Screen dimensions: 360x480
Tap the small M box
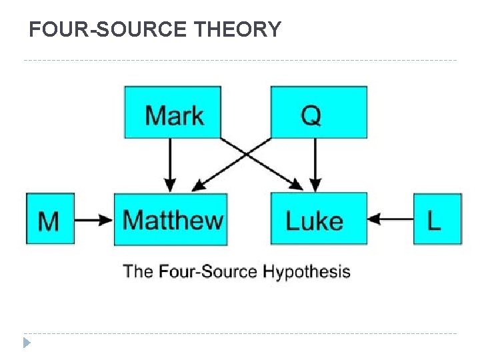coord(49,219)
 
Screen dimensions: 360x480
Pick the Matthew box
coord(171,219)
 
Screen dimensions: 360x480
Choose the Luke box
coord(319,219)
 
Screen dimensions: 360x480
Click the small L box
coord(437,219)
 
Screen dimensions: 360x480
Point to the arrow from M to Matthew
coord(93,219)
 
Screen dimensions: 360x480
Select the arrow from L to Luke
coord(390,219)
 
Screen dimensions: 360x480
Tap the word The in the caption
coord(138,271)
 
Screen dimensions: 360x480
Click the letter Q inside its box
coord(311,115)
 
